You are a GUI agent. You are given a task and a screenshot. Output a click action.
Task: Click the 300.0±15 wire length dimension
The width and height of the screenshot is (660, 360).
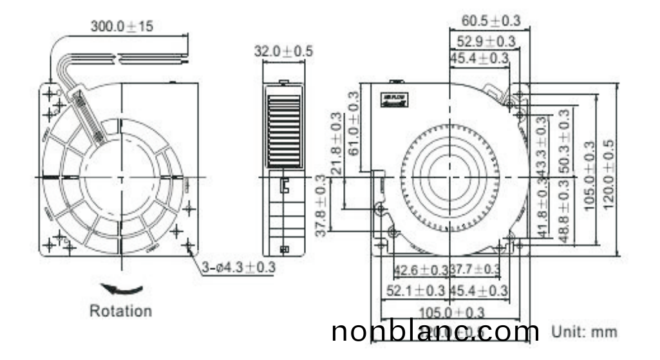pyautogui.click(x=122, y=26)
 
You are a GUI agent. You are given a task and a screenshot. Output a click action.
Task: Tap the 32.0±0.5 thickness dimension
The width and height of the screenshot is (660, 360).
pyautogui.click(x=283, y=51)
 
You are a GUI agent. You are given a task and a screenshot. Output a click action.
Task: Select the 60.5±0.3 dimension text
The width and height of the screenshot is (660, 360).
pyautogui.click(x=491, y=21)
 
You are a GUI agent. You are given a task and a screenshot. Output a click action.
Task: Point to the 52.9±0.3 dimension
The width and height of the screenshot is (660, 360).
pyautogui.click(x=486, y=42)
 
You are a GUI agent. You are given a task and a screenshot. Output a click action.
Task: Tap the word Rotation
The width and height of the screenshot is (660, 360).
pyautogui.click(x=120, y=311)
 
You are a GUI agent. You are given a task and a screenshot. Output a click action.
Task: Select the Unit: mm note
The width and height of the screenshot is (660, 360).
pyautogui.click(x=584, y=332)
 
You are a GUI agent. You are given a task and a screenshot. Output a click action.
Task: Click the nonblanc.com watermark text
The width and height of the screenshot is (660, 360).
pyautogui.click(x=435, y=332)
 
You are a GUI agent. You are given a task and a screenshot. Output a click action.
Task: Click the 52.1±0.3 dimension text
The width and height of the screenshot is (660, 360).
pyautogui.click(x=416, y=291)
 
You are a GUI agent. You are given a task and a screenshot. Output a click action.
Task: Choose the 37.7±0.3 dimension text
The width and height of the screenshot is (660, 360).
pyautogui.click(x=475, y=270)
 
